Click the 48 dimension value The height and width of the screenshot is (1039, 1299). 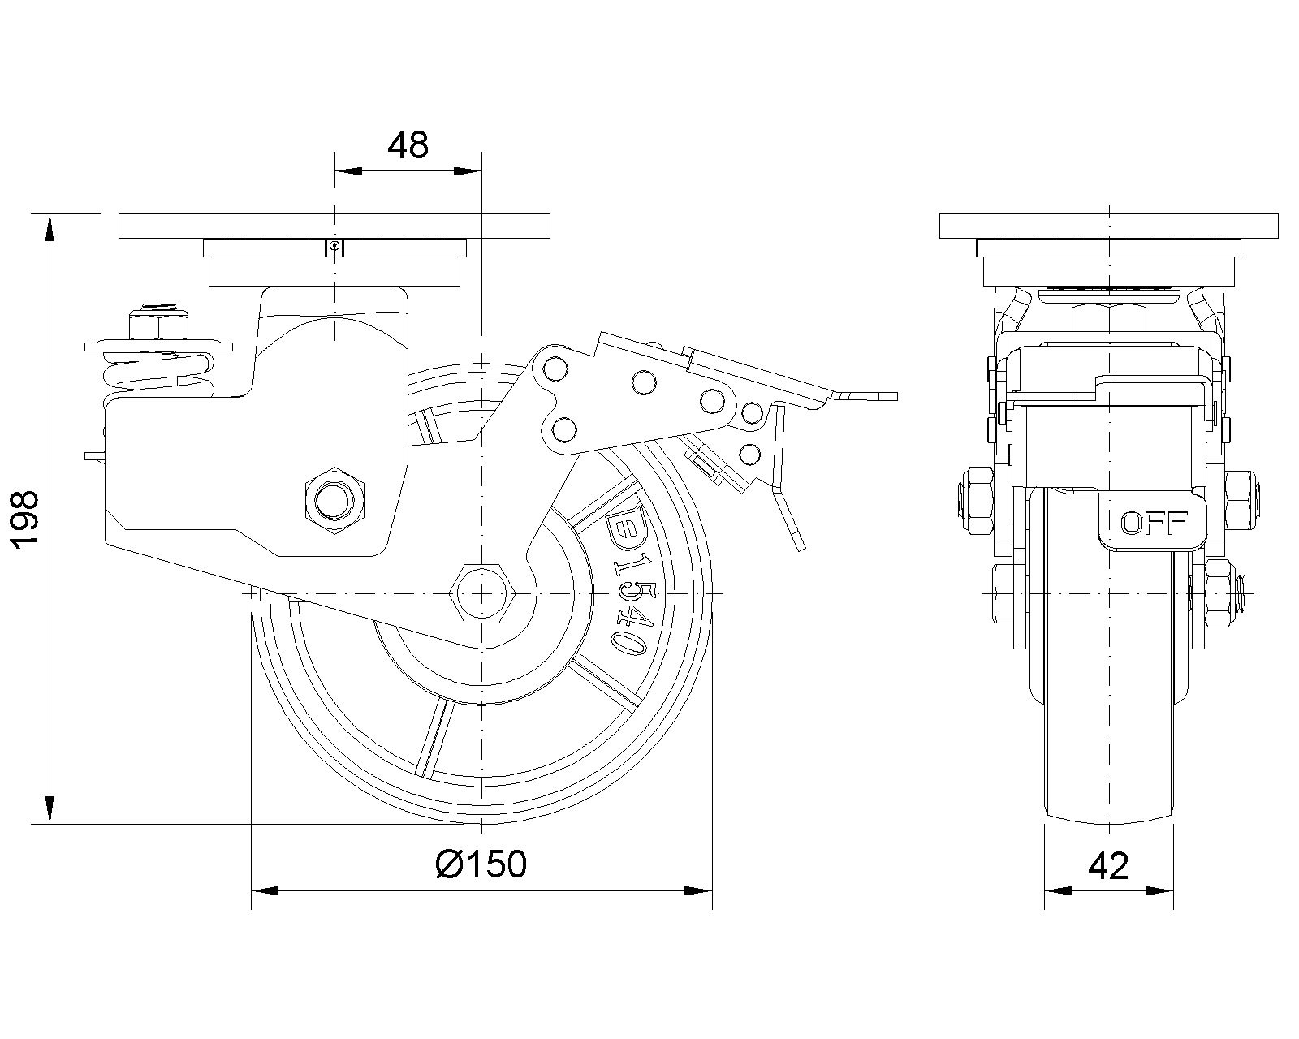point(408,146)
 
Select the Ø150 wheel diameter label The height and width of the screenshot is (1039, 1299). point(481,864)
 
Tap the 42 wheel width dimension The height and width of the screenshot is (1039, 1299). point(1108,867)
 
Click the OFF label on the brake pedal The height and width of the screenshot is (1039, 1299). point(1154,524)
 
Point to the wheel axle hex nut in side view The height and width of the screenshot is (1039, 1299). point(482,593)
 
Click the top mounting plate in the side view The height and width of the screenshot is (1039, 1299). point(334,226)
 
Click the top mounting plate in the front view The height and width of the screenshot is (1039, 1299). point(1108,226)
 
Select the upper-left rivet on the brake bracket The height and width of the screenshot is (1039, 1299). point(555,369)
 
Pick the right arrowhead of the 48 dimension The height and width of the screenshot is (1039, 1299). point(467,171)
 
